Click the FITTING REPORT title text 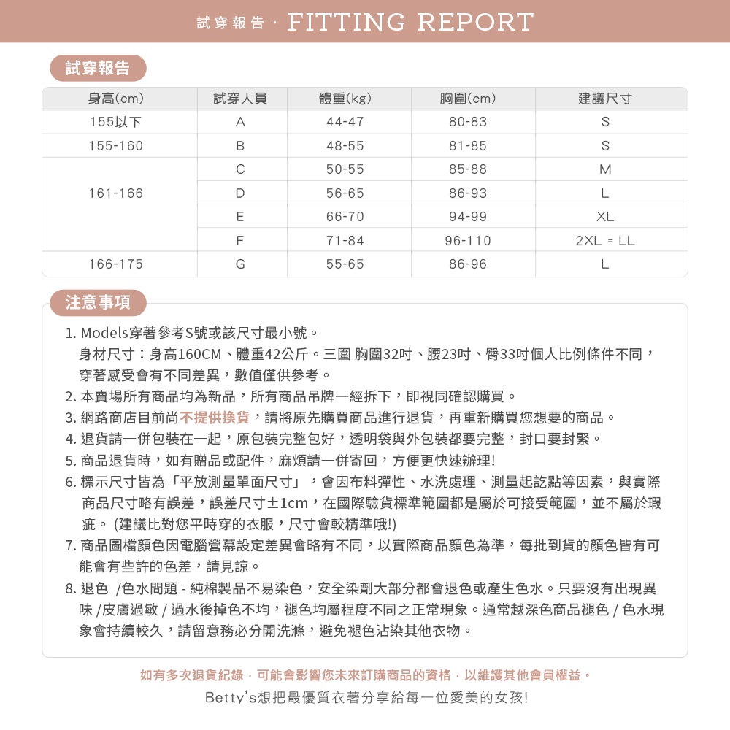pyautogui.click(x=410, y=22)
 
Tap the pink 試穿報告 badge pyautogui.click(x=98, y=68)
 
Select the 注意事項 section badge pyautogui.click(x=98, y=302)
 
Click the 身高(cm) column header pyautogui.click(x=116, y=99)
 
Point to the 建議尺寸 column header pyautogui.click(x=604, y=99)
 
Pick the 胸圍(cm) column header pyautogui.click(x=468, y=99)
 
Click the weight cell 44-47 pyautogui.click(x=345, y=122)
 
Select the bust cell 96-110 pyautogui.click(x=468, y=240)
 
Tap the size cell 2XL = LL pyautogui.click(x=604, y=240)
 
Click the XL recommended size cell pyautogui.click(x=604, y=217)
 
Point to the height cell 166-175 pyautogui.click(x=116, y=264)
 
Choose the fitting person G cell pyautogui.click(x=240, y=264)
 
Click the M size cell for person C pyautogui.click(x=604, y=169)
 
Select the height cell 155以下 pyautogui.click(x=116, y=122)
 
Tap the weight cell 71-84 pyautogui.click(x=345, y=240)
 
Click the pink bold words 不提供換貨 pyautogui.click(x=215, y=418)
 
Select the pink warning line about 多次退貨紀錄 pyautogui.click(x=365, y=675)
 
